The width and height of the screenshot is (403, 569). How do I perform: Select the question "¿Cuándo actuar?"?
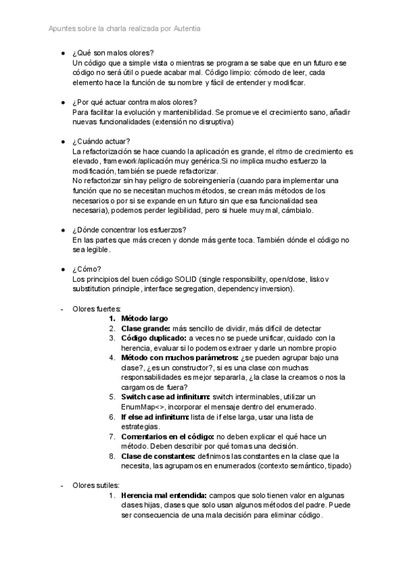(x=101, y=142)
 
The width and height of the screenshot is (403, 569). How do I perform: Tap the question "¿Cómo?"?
(x=86, y=269)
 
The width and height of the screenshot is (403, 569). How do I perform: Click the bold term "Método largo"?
(x=144, y=318)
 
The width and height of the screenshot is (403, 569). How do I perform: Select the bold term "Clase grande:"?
(x=146, y=328)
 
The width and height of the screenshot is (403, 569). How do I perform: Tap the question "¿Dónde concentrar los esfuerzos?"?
(x=133, y=230)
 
